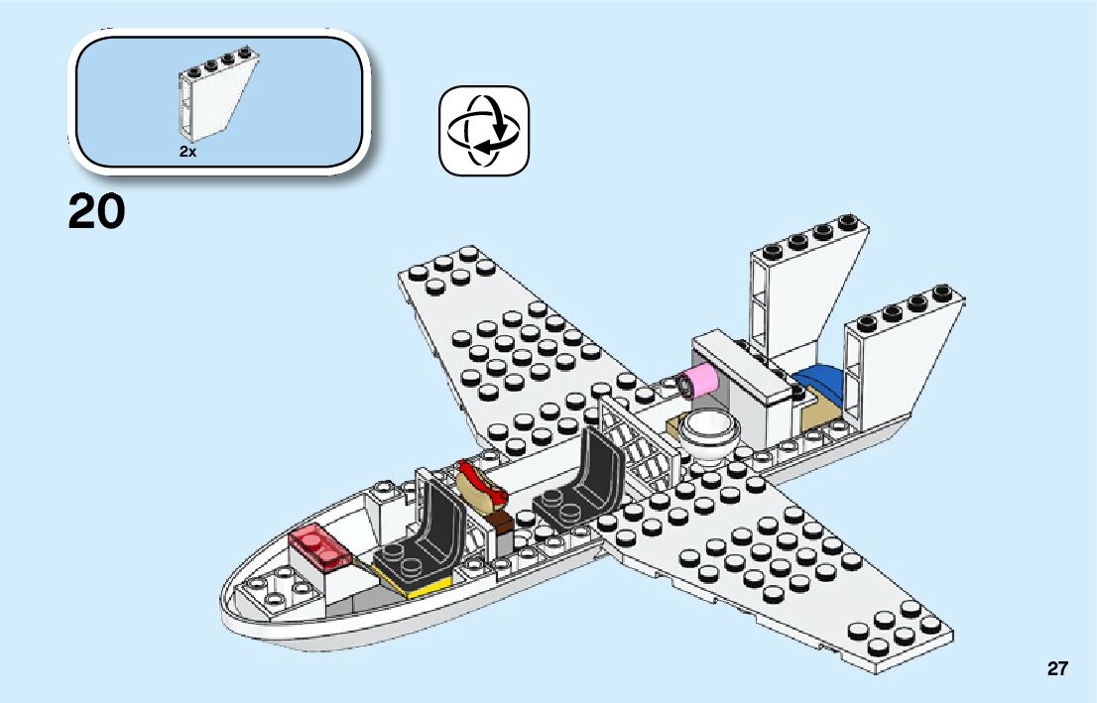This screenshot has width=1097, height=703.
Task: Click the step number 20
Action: (97, 211)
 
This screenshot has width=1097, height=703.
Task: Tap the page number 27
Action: (1057, 669)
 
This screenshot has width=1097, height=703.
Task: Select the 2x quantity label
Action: (187, 152)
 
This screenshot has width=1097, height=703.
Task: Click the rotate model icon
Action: (484, 130)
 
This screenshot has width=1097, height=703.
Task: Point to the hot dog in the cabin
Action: (482, 486)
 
